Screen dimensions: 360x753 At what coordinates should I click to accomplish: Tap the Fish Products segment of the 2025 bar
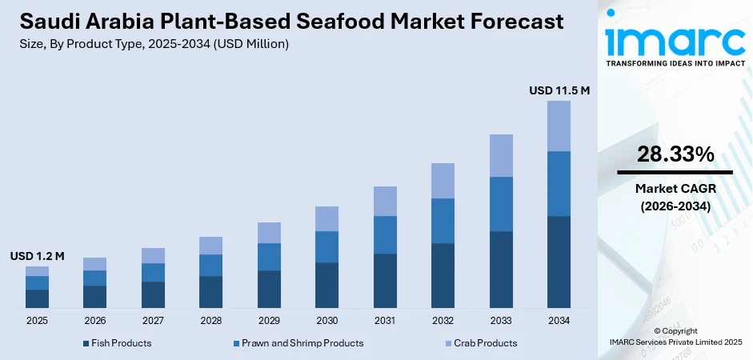pos(37,298)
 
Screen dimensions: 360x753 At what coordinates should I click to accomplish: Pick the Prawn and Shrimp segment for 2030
pos(326,246)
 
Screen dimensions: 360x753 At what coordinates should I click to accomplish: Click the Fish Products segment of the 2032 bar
pos(443,275)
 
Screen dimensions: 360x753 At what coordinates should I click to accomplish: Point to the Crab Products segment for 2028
pos(210,246)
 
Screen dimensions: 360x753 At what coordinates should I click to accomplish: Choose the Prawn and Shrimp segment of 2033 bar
pos(501,204)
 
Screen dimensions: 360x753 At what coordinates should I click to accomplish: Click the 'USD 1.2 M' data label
pos(37,256)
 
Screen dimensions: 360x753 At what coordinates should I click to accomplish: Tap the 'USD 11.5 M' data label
pos(559,90)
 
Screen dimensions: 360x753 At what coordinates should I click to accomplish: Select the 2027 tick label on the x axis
pos(153,321)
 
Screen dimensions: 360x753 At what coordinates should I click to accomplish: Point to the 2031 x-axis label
pos(385,321)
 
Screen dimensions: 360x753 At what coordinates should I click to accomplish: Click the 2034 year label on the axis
pos(559,321)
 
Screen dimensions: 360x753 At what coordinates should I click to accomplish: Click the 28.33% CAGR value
pos(675,155)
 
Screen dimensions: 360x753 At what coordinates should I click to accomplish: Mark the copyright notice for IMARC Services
pos(675,337)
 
